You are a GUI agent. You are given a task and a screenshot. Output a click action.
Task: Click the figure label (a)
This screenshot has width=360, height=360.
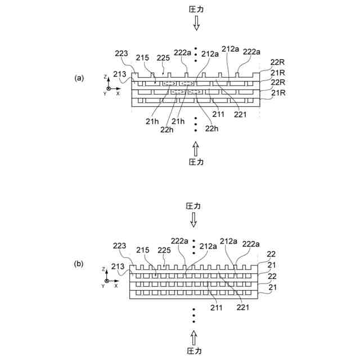(79, 78)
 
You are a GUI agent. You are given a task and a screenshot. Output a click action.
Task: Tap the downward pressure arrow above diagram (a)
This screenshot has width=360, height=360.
(196, 22)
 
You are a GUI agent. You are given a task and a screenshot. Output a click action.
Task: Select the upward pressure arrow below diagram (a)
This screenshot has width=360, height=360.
(196, 148)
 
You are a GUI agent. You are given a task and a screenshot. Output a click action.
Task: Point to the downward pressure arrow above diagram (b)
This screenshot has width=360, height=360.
(193, 219)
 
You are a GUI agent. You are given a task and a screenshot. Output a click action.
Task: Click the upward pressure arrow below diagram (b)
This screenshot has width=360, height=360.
(193, 337)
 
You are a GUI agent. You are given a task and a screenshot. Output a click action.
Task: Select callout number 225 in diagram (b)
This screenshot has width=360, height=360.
(164, 250)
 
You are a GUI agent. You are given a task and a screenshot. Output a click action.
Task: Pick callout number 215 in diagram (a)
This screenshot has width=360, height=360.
(142, 57)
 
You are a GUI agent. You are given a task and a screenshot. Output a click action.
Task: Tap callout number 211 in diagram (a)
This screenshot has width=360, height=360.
(218, 114)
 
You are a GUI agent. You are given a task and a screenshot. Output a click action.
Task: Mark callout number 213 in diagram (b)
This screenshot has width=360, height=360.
(118, 266)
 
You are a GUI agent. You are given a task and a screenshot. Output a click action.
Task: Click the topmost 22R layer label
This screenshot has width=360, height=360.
(278, 62)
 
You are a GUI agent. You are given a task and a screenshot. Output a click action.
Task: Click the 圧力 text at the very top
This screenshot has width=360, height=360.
(196, 9)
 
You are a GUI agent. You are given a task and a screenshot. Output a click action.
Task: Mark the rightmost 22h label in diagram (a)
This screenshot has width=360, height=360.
(211, 129)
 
